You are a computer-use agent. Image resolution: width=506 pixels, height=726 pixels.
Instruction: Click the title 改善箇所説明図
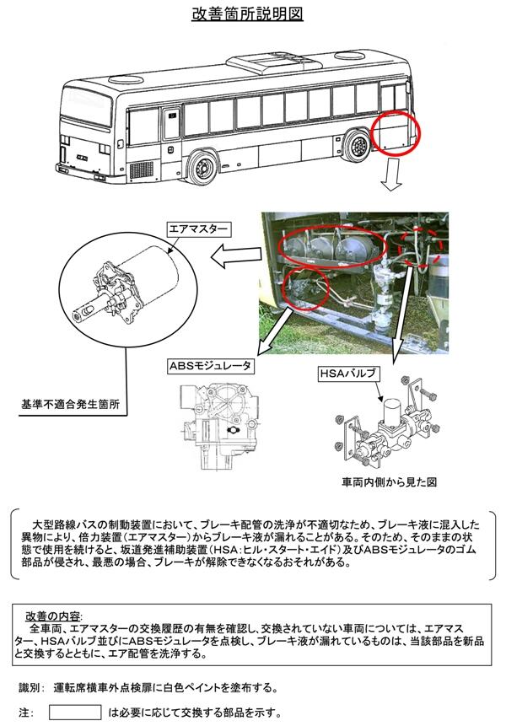247,13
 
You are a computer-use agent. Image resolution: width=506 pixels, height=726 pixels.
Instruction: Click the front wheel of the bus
202,166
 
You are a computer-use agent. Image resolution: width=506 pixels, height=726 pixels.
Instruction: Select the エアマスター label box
198,229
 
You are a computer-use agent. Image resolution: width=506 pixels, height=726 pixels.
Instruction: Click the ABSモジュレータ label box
210,366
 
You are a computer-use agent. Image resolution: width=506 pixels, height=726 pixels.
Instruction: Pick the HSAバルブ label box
348,374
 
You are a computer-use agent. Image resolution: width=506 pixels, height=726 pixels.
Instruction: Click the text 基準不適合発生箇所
70,404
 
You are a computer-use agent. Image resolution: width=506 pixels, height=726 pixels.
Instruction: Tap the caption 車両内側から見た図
389,482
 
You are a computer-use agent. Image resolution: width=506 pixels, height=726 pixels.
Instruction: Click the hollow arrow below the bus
391,174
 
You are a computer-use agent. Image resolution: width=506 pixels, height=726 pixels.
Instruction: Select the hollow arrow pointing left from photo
236,257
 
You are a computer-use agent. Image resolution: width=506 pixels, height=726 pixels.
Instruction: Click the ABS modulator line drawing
218,426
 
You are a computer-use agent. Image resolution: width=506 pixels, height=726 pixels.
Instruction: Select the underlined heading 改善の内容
53,616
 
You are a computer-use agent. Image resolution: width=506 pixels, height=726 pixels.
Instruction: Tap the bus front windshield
87,105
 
